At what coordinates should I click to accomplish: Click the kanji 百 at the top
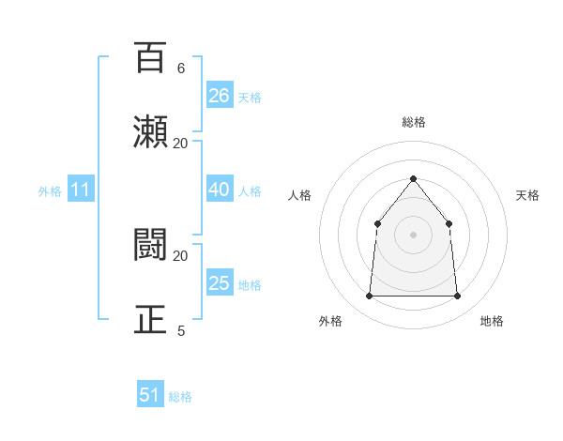150,57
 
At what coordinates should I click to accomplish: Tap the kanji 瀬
150,132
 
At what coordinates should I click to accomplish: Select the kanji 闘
150,245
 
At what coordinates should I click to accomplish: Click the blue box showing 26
220,96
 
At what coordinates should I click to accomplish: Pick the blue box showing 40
220,190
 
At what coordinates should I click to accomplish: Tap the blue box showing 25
220,283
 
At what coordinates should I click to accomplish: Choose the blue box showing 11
81,190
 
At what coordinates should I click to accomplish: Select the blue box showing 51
150,395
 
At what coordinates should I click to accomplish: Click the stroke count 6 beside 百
180,68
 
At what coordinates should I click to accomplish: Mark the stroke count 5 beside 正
180,331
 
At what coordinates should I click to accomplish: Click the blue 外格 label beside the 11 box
50,191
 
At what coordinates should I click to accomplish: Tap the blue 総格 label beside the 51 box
180,397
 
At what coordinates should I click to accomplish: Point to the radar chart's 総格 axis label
413,122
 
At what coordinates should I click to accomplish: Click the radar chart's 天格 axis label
527,195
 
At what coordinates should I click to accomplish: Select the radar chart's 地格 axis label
492,321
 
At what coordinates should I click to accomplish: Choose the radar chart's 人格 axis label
300,195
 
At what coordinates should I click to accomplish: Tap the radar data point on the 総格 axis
413,178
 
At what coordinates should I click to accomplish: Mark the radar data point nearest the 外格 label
370,297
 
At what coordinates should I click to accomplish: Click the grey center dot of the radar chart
413,235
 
